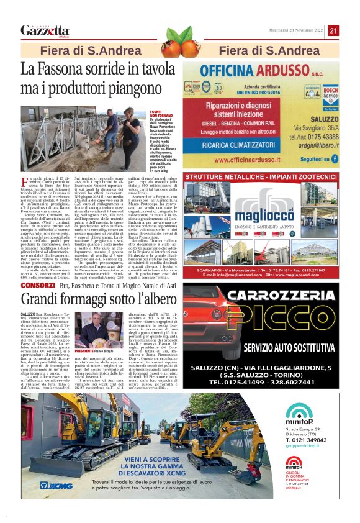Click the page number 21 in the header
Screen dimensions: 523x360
tap(333, 30)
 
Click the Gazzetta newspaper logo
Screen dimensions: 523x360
tap(45, 30)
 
